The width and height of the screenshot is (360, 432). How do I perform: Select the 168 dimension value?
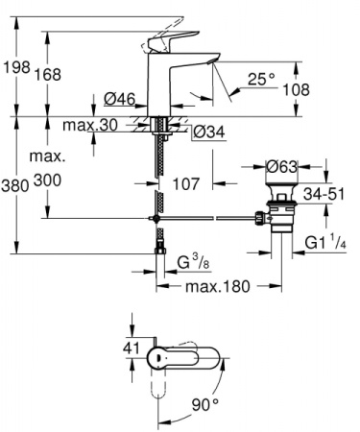click(50, 75)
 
